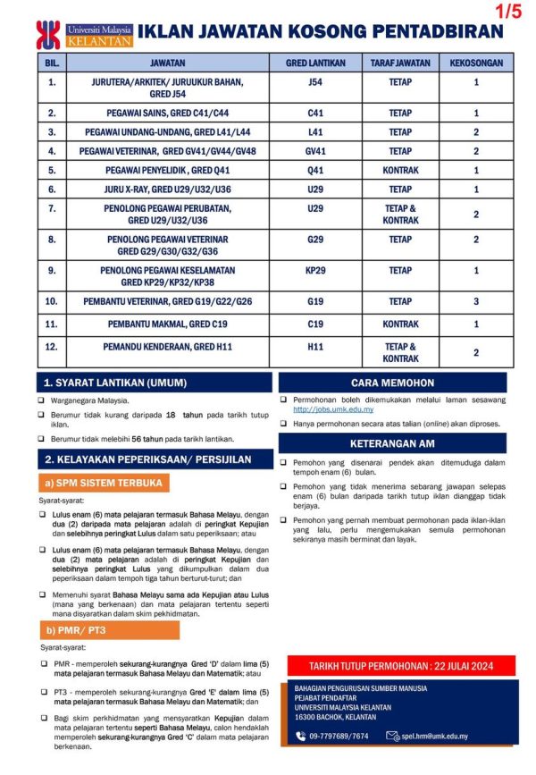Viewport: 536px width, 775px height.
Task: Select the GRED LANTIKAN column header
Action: [314, 63]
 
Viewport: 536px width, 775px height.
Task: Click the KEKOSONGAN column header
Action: [476, 63]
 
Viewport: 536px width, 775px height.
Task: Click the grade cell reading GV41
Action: [314, 151]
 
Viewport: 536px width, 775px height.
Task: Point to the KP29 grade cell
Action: [314, 270]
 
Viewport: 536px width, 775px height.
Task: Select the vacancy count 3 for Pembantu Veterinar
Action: [476, 302]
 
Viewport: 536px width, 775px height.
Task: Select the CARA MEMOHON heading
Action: [393, 383]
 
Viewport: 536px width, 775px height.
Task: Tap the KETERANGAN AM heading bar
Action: [393, 443]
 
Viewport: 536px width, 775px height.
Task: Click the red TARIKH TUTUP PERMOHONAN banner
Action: [401, 666]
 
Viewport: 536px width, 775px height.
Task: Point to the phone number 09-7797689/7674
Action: [339, 737]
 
